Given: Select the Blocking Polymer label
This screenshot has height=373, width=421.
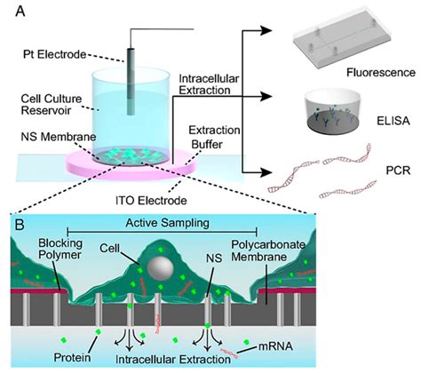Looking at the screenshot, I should pos(35,253).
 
